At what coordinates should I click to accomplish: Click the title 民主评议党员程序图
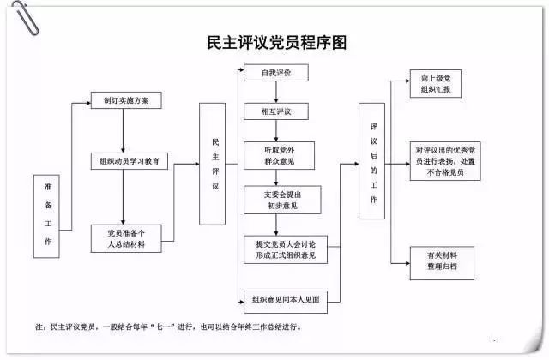(x=275, y=41)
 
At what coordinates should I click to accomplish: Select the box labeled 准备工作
(x=47, y=217)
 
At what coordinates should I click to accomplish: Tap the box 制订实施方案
(x=126, y=100)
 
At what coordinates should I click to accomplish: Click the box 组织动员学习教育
(x=130, y=161)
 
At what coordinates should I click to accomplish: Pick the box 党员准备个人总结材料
(x=126, y=237)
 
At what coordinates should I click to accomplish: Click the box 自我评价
(x=275, y=74)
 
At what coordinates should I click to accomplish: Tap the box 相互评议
(x=275, y=111)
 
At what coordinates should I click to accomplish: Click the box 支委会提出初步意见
(x=275, y=200)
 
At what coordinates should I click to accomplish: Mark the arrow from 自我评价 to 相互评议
(x=275, y=93)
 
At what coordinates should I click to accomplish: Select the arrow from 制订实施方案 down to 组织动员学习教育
(x=126, y=130)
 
